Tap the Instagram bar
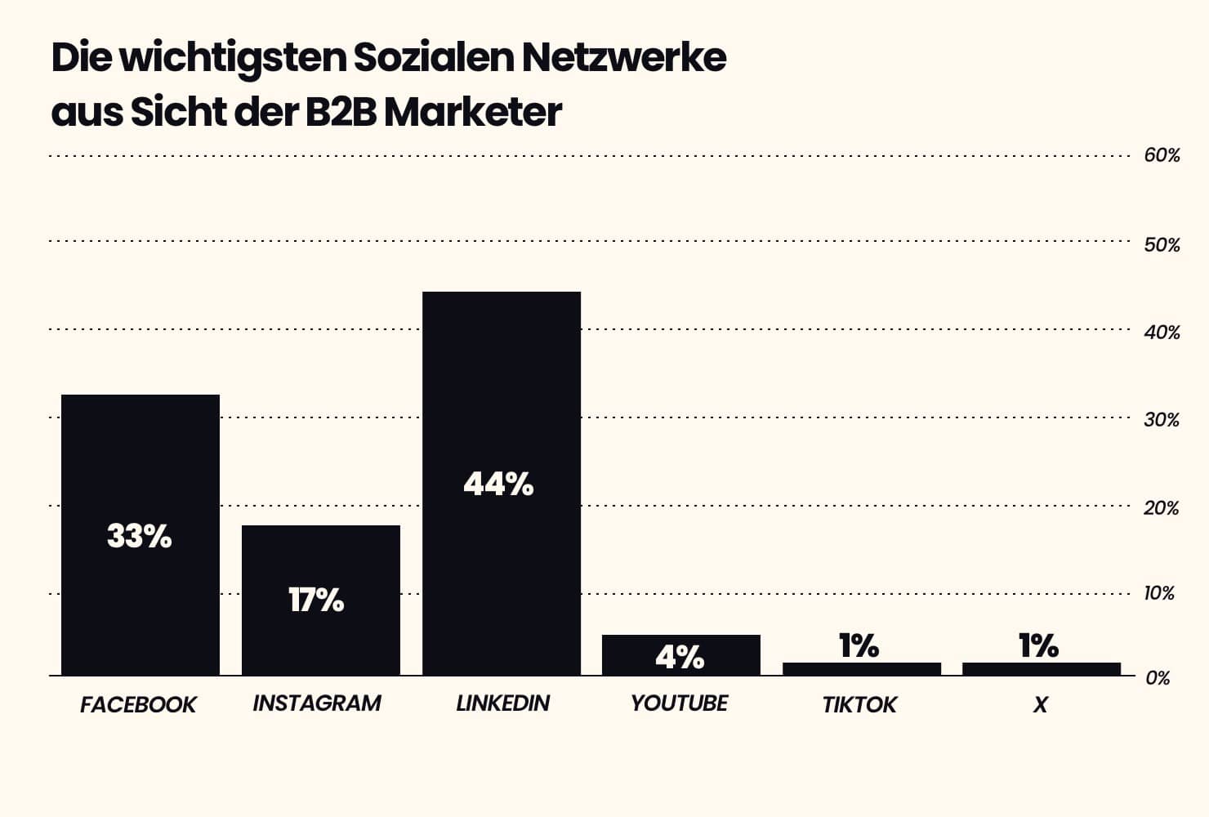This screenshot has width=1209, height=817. tap(320, 564)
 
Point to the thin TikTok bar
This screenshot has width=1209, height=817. tap(861, 668)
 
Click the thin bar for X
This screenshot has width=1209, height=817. tap(1041, 668)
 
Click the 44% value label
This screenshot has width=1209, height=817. tap(498, 484)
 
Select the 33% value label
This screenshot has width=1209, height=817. tap(140, 537)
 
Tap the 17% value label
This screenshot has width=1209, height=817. tap(316, 600)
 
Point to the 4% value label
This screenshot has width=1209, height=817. tap(680, 657)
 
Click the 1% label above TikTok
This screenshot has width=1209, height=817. tap(859, 646)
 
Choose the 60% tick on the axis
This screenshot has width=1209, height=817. tap(1162, 156)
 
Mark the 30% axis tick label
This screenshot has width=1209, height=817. tap(1162, 420)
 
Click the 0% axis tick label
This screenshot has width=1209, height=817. tap(1158, 678)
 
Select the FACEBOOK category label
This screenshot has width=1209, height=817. tap(138, 704)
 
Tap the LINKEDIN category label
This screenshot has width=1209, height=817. tap(502, 703)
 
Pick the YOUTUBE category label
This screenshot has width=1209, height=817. tap(679, 703)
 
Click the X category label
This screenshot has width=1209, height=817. tap(1040, 704)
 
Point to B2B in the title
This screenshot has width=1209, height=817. tap(341, 112)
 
